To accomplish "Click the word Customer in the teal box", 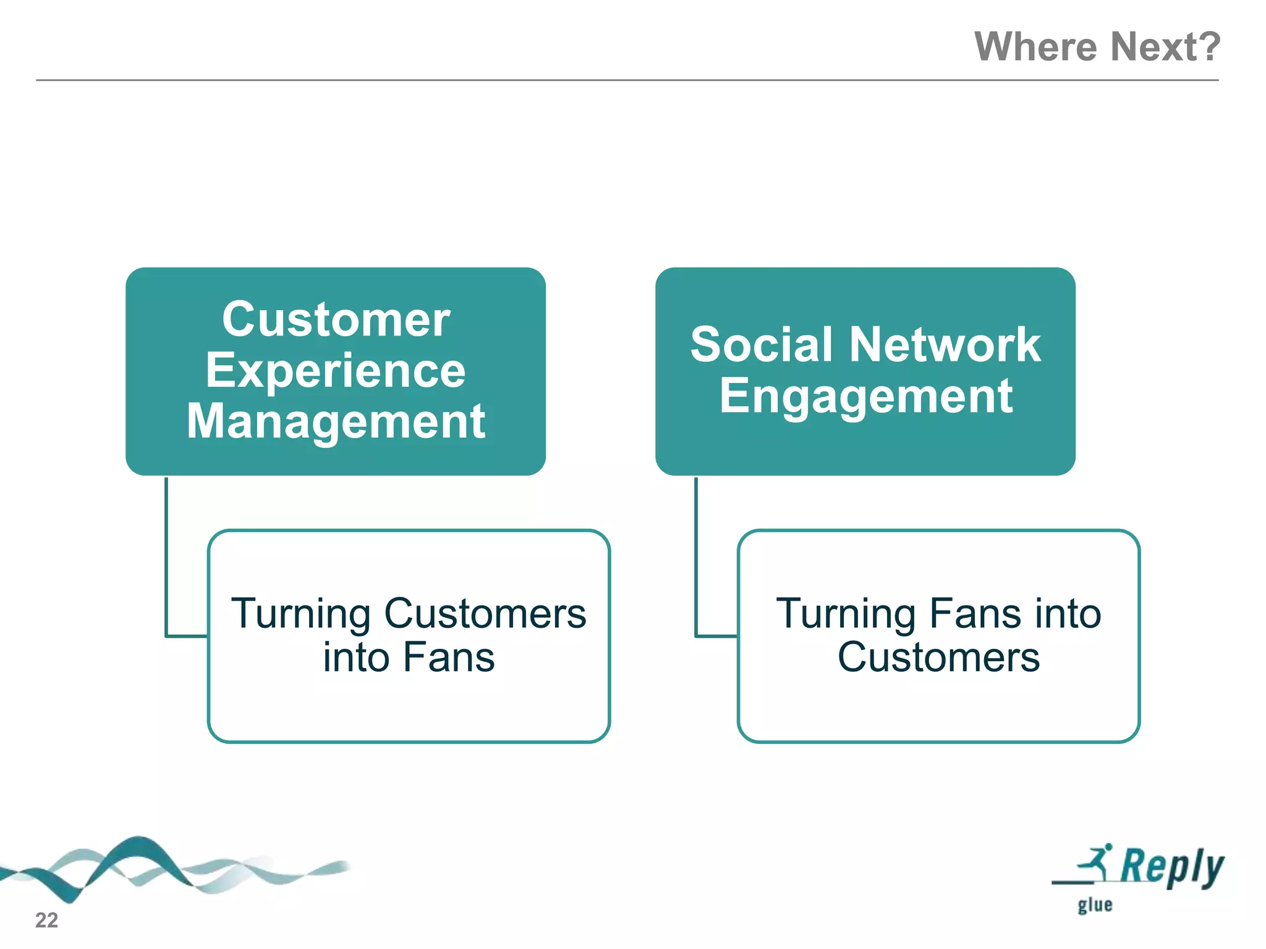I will (336, 319).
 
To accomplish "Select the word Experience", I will (336, 371).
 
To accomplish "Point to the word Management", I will (336, 421).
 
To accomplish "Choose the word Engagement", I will (865, 397).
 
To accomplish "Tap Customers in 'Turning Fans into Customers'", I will (938, 657).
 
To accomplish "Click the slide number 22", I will (46, 920).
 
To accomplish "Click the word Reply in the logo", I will (1171, 867).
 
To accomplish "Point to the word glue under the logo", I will (1095, 905).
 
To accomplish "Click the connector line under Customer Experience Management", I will (166, 556).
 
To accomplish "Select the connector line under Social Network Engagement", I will (696, 556).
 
